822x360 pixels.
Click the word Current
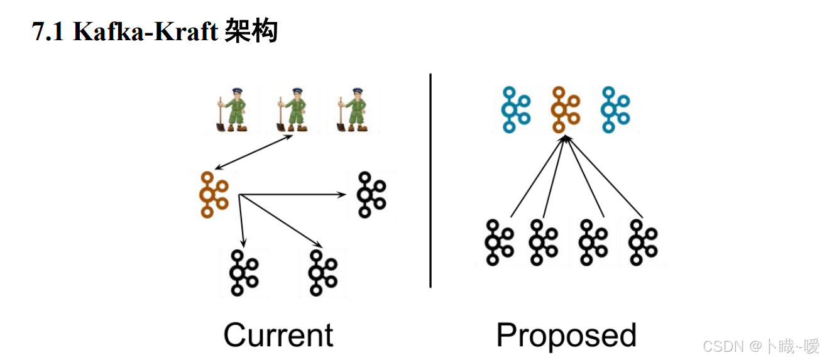coord(278,335)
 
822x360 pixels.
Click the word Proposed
coord(566,335)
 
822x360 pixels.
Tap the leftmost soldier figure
coord(229,109)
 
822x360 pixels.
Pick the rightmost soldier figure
coord(353,109)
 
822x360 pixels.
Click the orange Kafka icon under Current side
coord(213,195)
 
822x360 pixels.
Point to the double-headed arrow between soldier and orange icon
coord(255,152)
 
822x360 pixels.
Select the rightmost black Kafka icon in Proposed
coord(643,242)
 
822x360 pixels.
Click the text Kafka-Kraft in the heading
coord(145,31)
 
